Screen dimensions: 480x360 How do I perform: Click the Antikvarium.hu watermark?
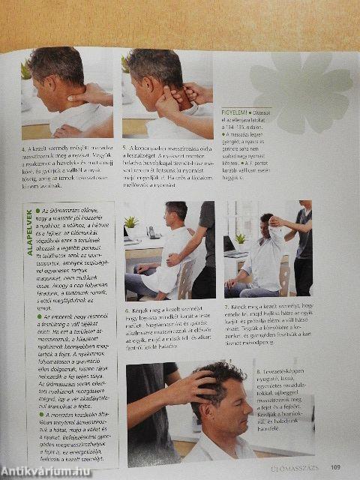[47, 470]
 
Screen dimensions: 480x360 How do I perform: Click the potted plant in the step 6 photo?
[132, 223]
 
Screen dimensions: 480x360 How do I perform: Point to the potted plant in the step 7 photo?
[240, 240]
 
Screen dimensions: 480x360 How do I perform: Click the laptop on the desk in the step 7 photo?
[229, 244]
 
